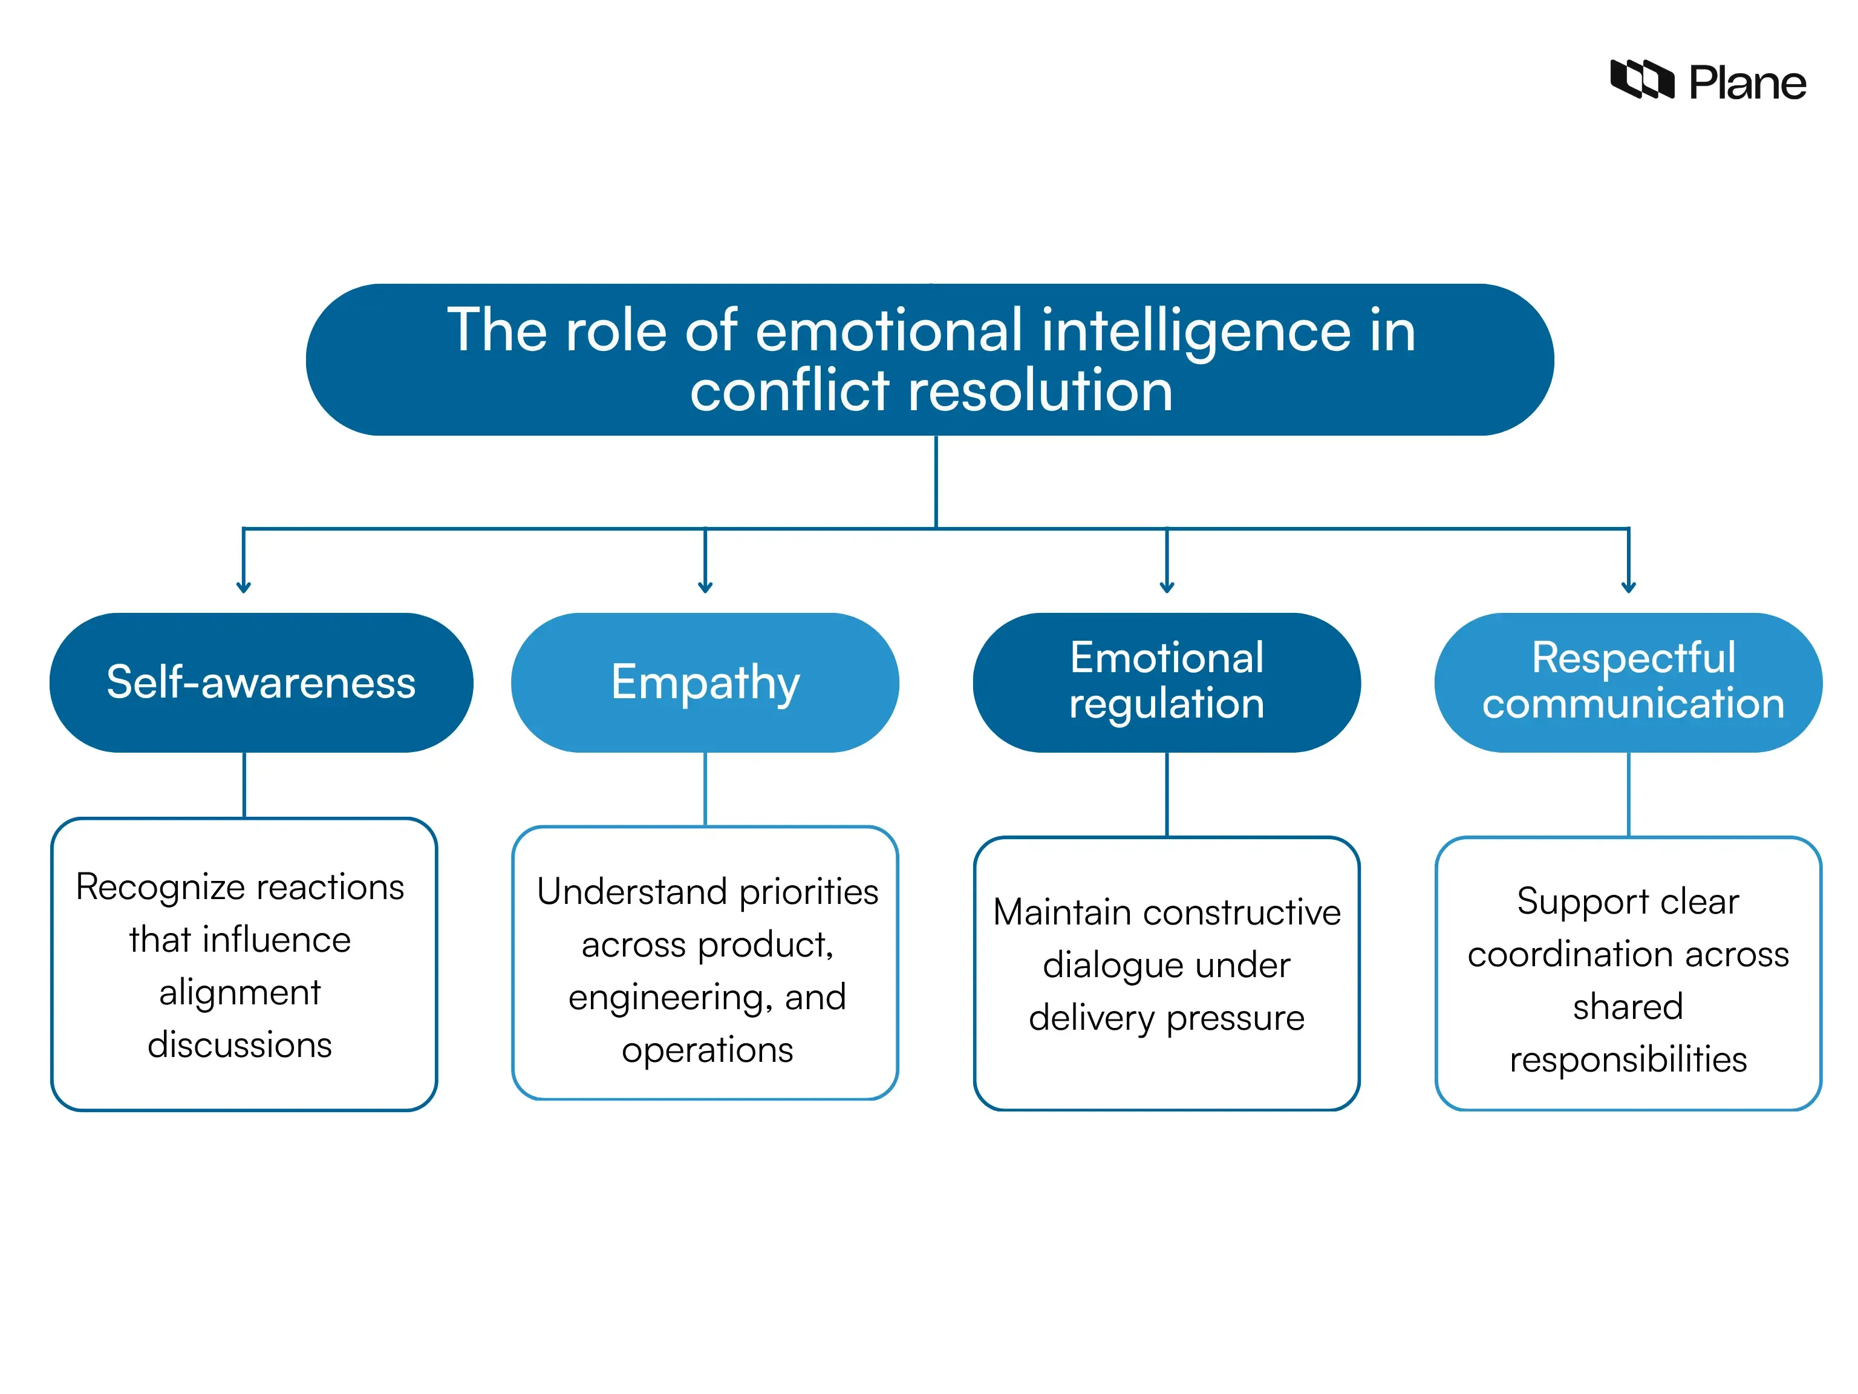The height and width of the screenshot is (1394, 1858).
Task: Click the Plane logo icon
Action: pyautogui.click(x=1640, y=80)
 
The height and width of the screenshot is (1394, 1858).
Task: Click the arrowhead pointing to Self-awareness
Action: pyautogui.click(x=244, y=587)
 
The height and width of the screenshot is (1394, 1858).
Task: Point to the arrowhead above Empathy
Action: pyautogui.click(x=705, y=587)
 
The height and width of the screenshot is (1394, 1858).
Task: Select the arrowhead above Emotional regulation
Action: pyautogui.click(x=1167, y=587)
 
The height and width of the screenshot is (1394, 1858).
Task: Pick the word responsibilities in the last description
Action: pyautogui.click(x=1627, y=1059)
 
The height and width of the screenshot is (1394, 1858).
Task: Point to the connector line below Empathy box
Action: pyautogui.click(x=705, y=788)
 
